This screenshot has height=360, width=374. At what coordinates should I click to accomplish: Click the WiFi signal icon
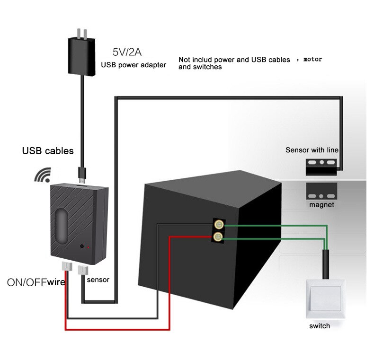point(42,175)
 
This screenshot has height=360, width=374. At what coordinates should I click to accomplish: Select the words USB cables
point(48,151)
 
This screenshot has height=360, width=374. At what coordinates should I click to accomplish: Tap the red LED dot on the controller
point(89,247)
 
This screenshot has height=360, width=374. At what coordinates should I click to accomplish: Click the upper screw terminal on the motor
point(218,225)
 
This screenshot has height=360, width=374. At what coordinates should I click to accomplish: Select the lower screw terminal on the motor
point(218,236)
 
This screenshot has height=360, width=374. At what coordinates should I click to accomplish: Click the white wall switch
point(324,299)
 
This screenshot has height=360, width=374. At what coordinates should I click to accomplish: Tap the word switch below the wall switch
point(320,326)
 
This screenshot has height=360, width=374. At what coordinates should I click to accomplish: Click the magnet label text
point(322,205)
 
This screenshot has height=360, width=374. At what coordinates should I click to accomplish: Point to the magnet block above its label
point(321,191)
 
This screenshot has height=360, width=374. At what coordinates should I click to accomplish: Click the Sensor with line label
point(312,150)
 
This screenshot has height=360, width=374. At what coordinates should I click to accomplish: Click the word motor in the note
point(312,59)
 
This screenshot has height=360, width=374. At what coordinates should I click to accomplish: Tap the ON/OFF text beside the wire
point(27,282)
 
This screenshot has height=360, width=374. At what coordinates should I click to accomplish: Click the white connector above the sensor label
point(83,270)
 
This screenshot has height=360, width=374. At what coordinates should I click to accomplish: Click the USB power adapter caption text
point(134,65)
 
